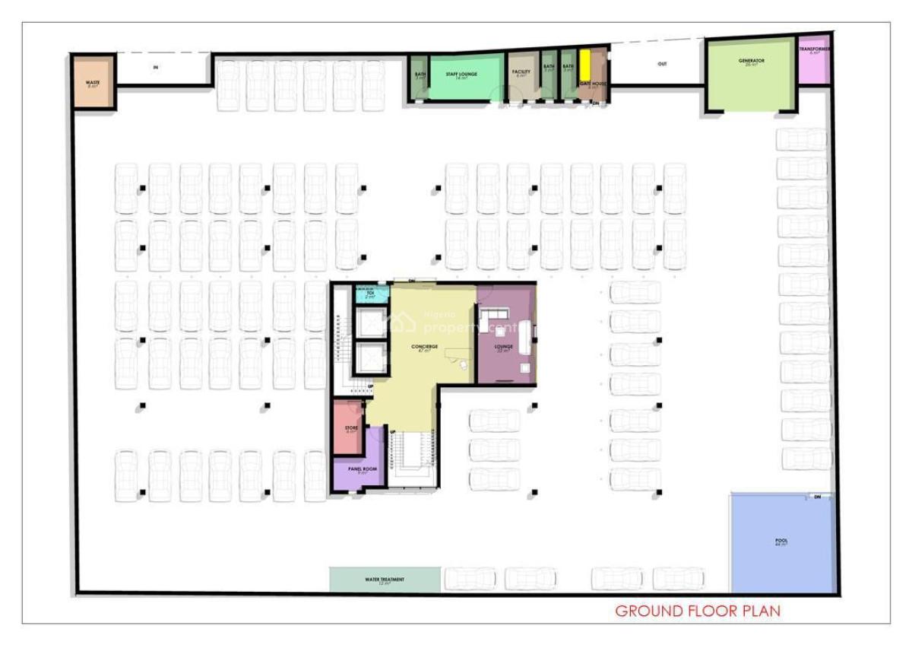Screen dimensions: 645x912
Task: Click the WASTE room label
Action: pyautogui.click(x=93, y=82)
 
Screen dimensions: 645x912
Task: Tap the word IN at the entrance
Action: pyautogui.click(x=156, y=68)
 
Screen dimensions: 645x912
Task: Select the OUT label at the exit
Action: pyautogui.click(x=662, y=64)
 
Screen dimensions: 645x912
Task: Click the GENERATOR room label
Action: pyautogui.click(x=751, y=61)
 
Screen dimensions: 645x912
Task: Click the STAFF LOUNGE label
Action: pyautogui.click(x=461, y=75)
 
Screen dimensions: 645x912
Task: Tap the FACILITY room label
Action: pyautogui.click(x=521, y=72)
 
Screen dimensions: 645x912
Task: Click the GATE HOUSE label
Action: pyautogui.click(x=593, y=83)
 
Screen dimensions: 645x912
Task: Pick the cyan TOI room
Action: pyautogui.click(x=370, y=294)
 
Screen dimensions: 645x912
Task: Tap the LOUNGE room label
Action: pyautogui.click(x=503, y=347)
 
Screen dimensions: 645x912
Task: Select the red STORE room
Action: pyautogui.click(x=350, y=428)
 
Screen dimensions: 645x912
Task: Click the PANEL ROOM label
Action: pyautogui.click(x=363, y=469)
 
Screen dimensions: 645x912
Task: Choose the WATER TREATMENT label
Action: pyautogui.click(x=385, y=580)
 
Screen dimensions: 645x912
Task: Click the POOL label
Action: pyautogui.click(x=781, y=541)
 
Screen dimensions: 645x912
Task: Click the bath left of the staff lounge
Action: pyautogui.click(x=420, y=76)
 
